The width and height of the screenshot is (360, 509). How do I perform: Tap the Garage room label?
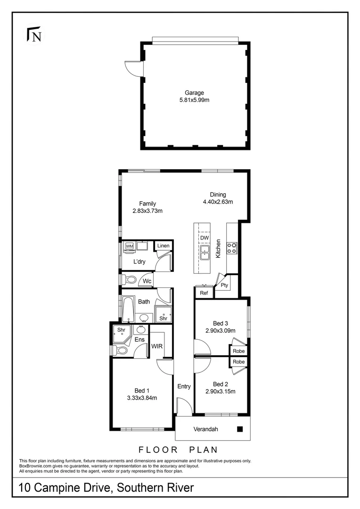click(194, 93)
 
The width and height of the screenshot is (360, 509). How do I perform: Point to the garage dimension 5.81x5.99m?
click(194, 100)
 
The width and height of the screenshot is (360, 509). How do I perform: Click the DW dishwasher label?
click(204, 238)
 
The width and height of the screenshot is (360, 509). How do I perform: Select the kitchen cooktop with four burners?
click(232, 248)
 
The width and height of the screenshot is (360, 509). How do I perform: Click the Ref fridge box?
click(204, 293)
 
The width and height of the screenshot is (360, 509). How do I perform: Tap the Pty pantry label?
click(224, 285)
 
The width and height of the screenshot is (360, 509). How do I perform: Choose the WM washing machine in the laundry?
click(129, 246)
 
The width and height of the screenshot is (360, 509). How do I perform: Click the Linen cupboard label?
click(163, 246)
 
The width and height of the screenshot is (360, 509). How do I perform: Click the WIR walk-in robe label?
click(157, 346)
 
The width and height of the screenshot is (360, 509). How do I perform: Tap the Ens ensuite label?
click(140, 339)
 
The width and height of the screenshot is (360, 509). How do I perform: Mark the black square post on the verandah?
click(239, 429)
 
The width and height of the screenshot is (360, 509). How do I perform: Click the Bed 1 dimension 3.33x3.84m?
click(142, 398)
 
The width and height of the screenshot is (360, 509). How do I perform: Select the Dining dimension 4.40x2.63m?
click(218, 202)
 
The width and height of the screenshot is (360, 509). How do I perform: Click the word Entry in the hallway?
click(184, 386)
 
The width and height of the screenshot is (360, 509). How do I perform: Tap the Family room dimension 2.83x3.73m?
click(147, 211)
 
